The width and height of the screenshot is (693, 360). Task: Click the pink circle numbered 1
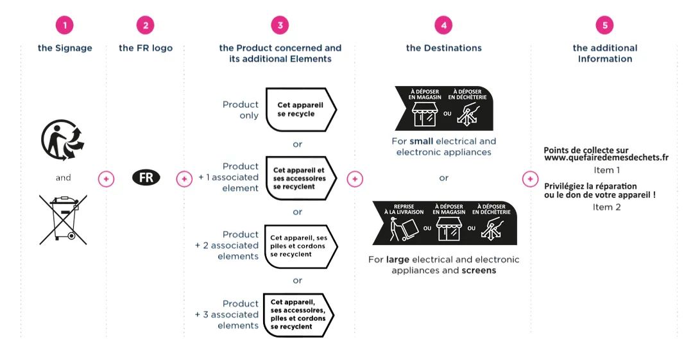64,25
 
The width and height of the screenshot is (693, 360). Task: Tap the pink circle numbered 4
443,25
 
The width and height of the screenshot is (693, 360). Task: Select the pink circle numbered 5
604,25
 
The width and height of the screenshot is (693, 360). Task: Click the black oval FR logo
146,178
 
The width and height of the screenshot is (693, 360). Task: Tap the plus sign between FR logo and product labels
184,179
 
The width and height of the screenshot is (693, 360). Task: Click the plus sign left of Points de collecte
529,179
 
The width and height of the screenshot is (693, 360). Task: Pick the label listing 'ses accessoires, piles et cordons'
298,314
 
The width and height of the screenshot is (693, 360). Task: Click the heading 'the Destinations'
443,48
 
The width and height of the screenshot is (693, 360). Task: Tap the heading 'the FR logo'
146,48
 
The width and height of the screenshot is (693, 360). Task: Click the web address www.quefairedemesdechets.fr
606,158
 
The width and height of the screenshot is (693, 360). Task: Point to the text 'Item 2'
606,207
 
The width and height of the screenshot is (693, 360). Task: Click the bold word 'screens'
479,271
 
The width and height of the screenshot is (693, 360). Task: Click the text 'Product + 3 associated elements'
227,314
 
